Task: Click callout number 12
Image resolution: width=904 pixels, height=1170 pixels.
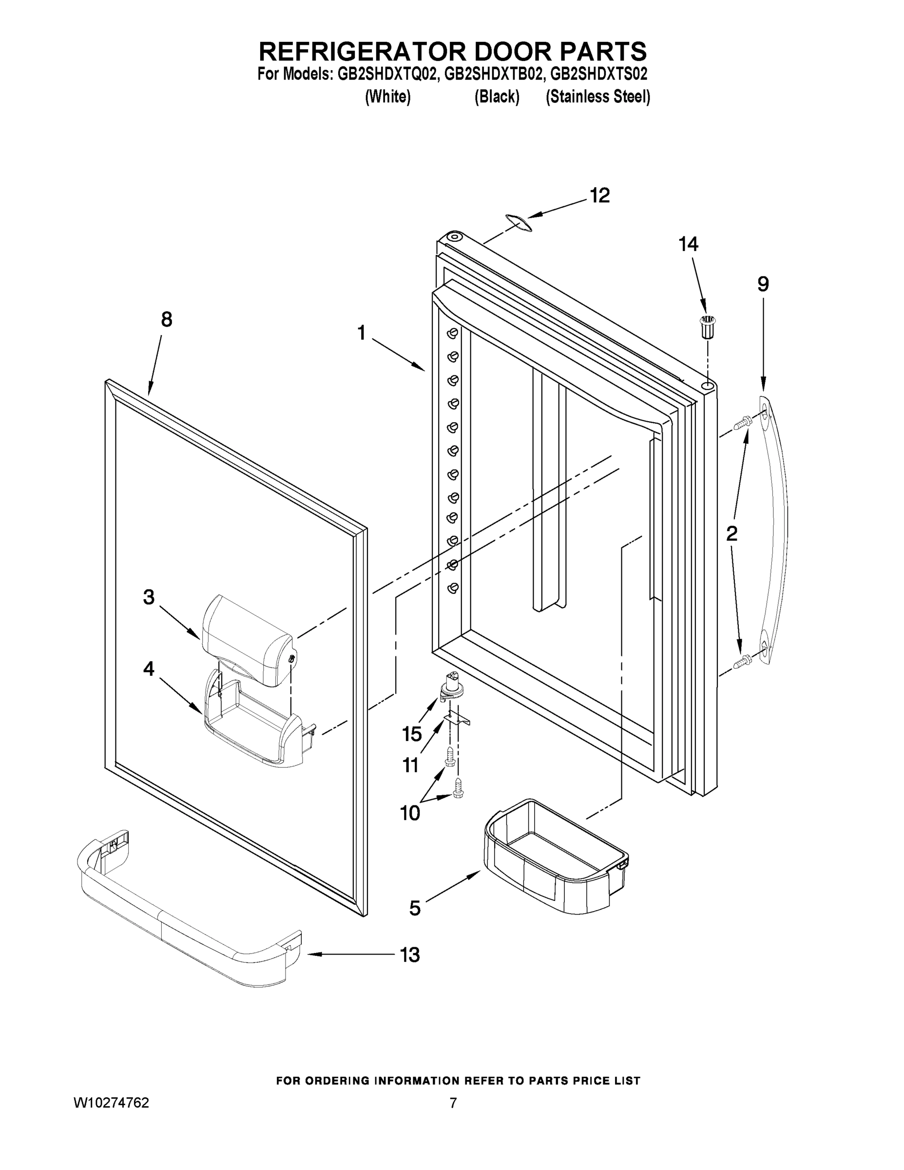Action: coord(600,196)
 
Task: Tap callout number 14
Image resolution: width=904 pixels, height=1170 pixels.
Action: coord(688,244)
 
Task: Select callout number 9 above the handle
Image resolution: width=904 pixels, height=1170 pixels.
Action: coord(763,284)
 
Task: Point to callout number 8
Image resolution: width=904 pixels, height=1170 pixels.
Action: coord(167,320)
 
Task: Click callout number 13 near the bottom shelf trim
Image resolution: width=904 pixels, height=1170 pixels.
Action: coord(410,955)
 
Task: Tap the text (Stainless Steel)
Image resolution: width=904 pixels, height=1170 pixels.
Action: coord(597,97)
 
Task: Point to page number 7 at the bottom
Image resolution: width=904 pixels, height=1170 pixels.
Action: coord(453,1103)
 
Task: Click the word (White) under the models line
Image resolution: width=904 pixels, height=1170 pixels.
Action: coord(388,97)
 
